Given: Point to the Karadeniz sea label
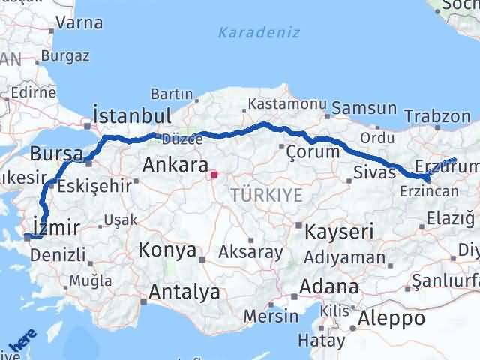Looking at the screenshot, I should [x=259, y=32].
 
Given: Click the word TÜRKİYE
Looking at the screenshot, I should [x=266, y=195].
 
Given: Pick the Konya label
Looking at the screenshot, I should [x=166, y=250].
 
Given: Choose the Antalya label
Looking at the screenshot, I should [x=184, y=291].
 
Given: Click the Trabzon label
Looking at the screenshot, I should [x=437, y=116].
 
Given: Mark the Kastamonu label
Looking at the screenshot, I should [x=277, y=104].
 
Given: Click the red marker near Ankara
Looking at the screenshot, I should [x=214, y=175].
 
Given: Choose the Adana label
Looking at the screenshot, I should [x=328, y=286].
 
